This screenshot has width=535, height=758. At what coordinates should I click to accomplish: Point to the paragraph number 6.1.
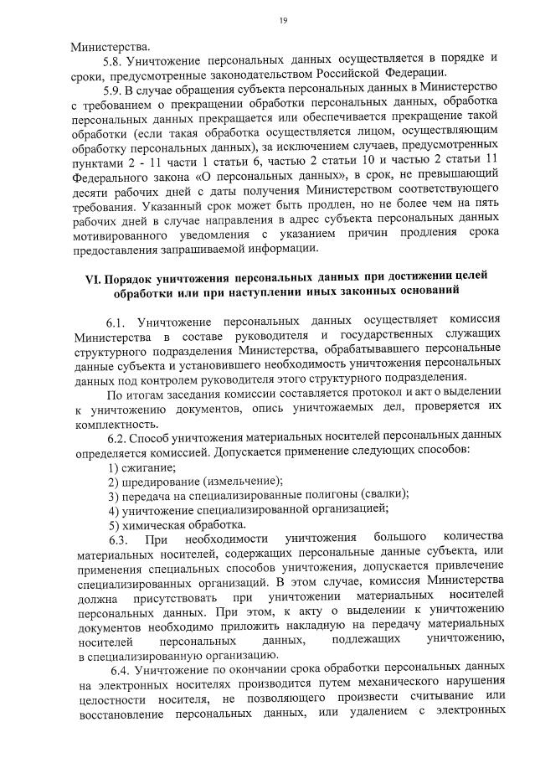(x=117, y=322)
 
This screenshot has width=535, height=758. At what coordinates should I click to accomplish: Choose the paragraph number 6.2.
(x=117, y=438)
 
